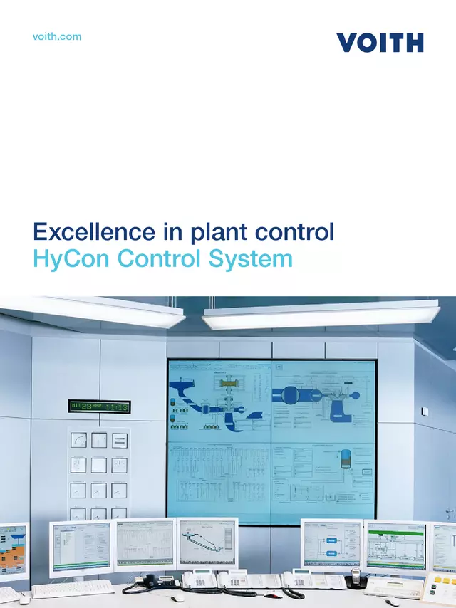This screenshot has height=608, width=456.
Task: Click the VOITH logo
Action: pos(380,42)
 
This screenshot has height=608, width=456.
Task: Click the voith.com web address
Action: pos(57,36)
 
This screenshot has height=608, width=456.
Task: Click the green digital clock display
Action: pos(99,407)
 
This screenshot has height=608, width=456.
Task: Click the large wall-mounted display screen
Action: pos(271,442)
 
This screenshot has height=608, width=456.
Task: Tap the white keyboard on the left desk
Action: pos(72,588)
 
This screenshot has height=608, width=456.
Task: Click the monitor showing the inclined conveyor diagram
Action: pos(207,544)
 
